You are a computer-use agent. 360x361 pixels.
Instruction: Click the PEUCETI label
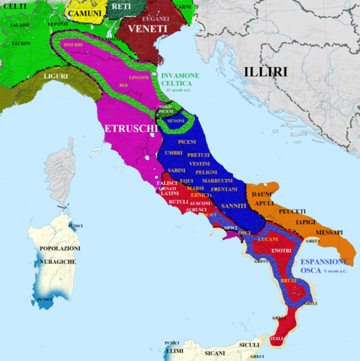[x=292, y=211]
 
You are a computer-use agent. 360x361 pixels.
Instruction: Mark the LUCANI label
[x=268, y=239]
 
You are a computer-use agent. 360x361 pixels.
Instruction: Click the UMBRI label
[x=173, y=153]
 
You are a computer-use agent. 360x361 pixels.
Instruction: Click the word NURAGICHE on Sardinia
[x=53, y=260]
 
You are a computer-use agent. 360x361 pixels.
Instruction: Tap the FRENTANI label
[x=224, y=190]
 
